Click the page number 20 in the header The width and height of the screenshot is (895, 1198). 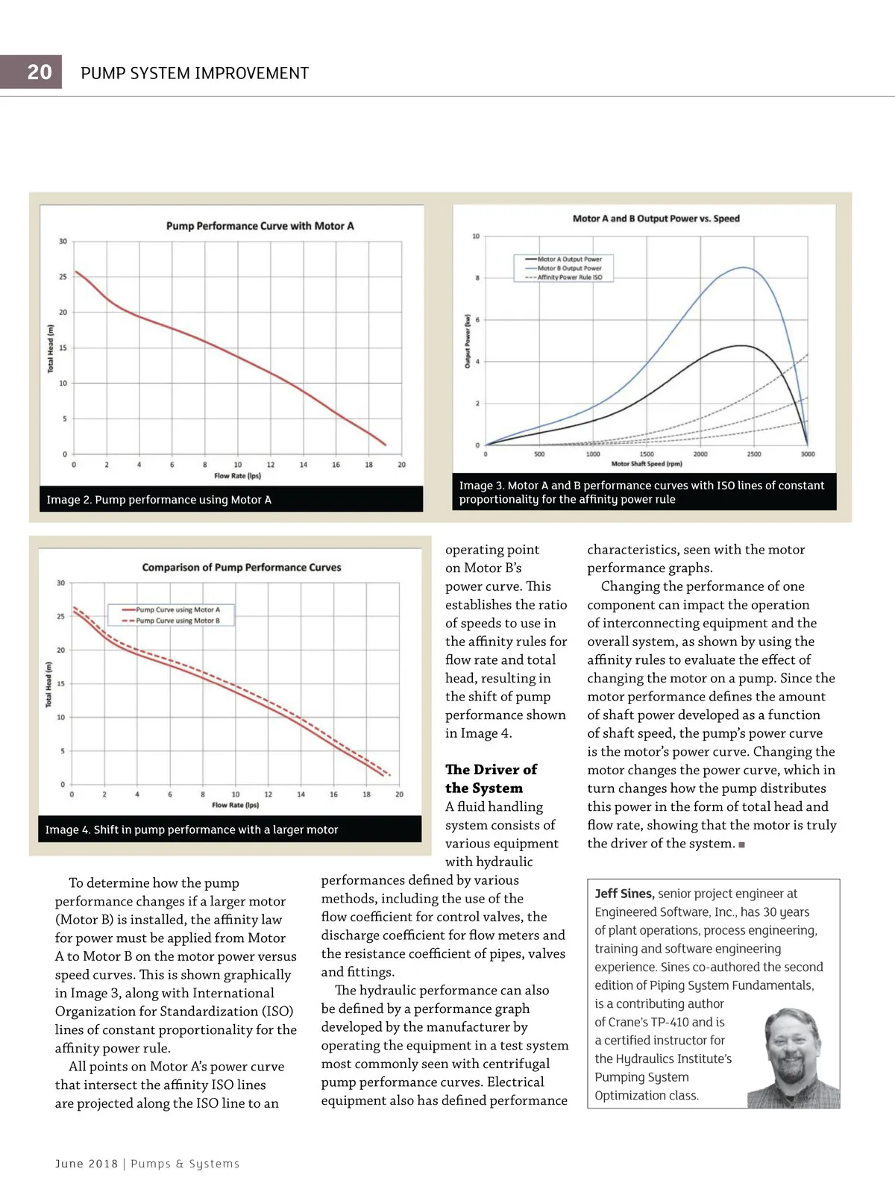pos(39,72)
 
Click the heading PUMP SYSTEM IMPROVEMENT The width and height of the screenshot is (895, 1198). pos(195,73)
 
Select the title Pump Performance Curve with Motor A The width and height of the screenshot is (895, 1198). pos(260,225)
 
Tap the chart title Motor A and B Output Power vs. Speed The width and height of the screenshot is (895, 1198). pos(656,219)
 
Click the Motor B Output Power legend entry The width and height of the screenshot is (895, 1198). pos(569,268)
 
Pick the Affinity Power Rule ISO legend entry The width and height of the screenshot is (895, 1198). pos(569,277)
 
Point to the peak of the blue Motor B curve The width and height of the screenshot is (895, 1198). pos(743,267)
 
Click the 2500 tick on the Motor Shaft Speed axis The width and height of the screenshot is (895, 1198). pos(754,454)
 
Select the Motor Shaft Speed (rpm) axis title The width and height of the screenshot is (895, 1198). pos(646,463)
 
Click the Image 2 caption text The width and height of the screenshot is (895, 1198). pos(159,500)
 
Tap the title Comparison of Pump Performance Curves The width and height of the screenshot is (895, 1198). pos(242,567)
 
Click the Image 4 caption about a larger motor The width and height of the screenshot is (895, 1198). pos(192,829)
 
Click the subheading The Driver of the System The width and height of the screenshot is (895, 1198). pos(491,779)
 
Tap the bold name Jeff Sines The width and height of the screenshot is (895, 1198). pos(624,894)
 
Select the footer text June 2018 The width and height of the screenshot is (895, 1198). pos(87,1164)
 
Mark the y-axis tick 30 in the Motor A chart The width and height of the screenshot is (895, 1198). pos(63,241)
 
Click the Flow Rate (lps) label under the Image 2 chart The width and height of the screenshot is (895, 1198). pos(237,475)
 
